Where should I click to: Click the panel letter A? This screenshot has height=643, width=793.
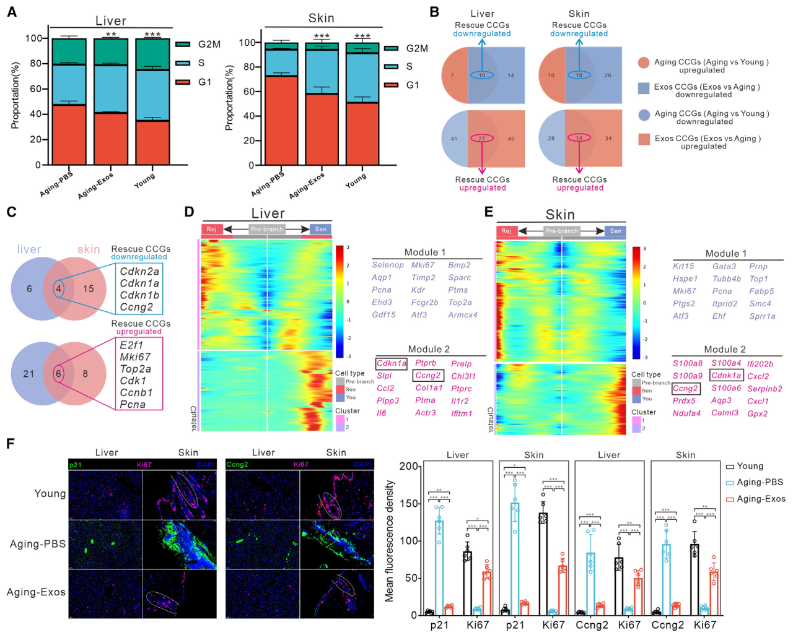pyautogui.click(x=12, y=11)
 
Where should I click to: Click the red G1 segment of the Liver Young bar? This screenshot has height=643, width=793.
pyautogui.click(x=152, y=142)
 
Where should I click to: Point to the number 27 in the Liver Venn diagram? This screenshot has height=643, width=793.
pyautogui.click(x=481, y=138)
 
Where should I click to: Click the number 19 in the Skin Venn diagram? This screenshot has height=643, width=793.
pyautogui.click(x=579, y=75)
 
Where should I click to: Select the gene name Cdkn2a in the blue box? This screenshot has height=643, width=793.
pyautogui.click(x=139, y=271)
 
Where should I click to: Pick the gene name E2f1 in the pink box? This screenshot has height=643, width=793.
pyautogui.click(x=131, y=345)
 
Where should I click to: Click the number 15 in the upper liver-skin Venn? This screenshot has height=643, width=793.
pyautogui.click(x=89, y=288)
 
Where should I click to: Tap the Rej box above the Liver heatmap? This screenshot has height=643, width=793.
pyautogui.click(x=211, y=229)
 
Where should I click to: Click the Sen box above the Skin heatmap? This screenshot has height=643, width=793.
pyautogui.click(x=615, y=231)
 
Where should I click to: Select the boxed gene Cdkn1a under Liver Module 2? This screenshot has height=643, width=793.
pyautogui.click(x=392, y=363)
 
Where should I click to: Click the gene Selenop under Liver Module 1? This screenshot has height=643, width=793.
pyautogui.click(x=388, y=265)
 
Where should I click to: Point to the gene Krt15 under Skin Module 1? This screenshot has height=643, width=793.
pyautogui.click(x=683, y=266)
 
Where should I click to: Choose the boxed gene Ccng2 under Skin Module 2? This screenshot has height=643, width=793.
pyautogui.click(x=685, y=388)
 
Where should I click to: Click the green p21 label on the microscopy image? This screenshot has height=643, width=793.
pyautogui.click(x=76, y=464)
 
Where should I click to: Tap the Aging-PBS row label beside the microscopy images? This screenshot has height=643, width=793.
pyautogui.click(x=37, y=543)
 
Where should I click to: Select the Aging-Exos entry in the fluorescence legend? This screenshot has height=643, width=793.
pyautogui.click(x=760, y=499)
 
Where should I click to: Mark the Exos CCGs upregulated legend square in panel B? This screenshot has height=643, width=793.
pyautogui.click(x=644, y=139)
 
